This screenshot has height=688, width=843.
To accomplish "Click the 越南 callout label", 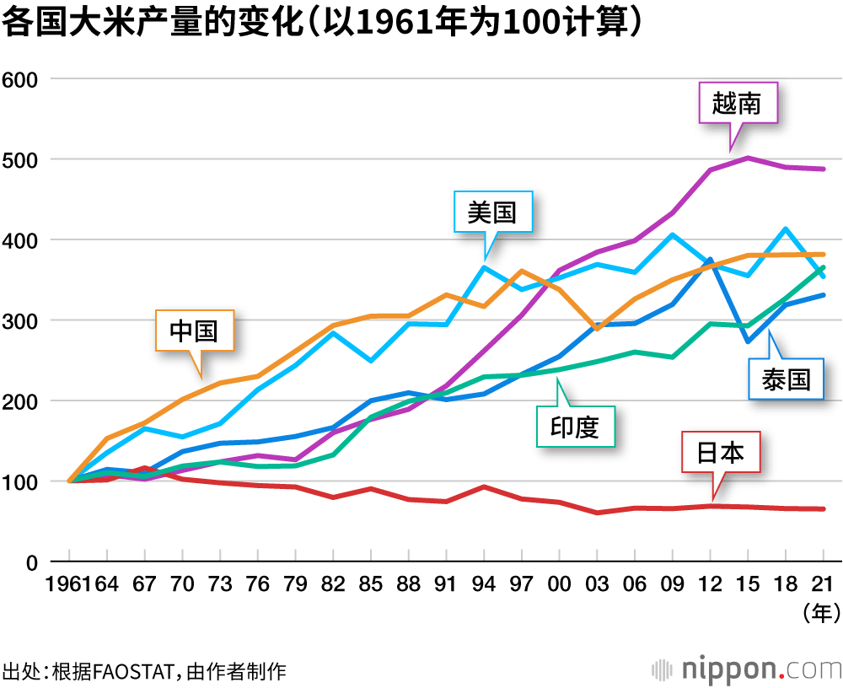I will [736, 103].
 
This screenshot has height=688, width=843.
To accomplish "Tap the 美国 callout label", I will [491, 212].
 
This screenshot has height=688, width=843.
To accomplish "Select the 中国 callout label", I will [194, 331].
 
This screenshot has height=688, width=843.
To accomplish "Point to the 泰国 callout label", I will [786, 379].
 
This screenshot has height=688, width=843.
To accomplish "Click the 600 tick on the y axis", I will [22, 79].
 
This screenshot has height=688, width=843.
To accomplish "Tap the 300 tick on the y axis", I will [22, 320].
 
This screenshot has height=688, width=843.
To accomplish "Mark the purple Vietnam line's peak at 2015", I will [747, 158].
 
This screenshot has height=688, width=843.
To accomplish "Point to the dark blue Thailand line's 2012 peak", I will [710, 260].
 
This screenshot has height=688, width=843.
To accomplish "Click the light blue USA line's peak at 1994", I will [484, 267].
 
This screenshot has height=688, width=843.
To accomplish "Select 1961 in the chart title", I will [389, 24].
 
